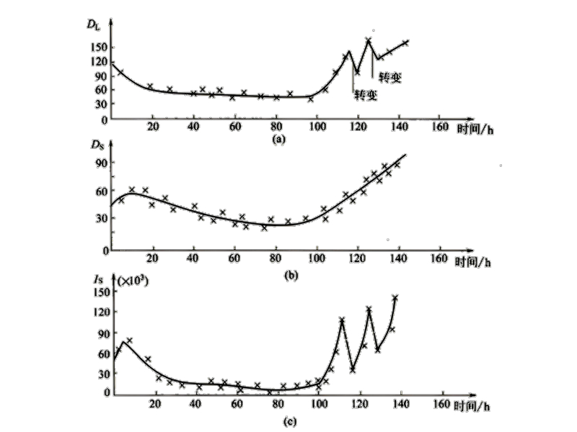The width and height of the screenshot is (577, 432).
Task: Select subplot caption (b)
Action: click(276, 271)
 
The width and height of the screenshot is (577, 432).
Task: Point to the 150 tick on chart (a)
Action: click(100, 47)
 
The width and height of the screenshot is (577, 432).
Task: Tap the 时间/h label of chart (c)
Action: click(475, 406)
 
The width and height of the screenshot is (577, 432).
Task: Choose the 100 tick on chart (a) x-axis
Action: click(315, 128)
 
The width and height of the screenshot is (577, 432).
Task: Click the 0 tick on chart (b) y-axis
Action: click(104, 250)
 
